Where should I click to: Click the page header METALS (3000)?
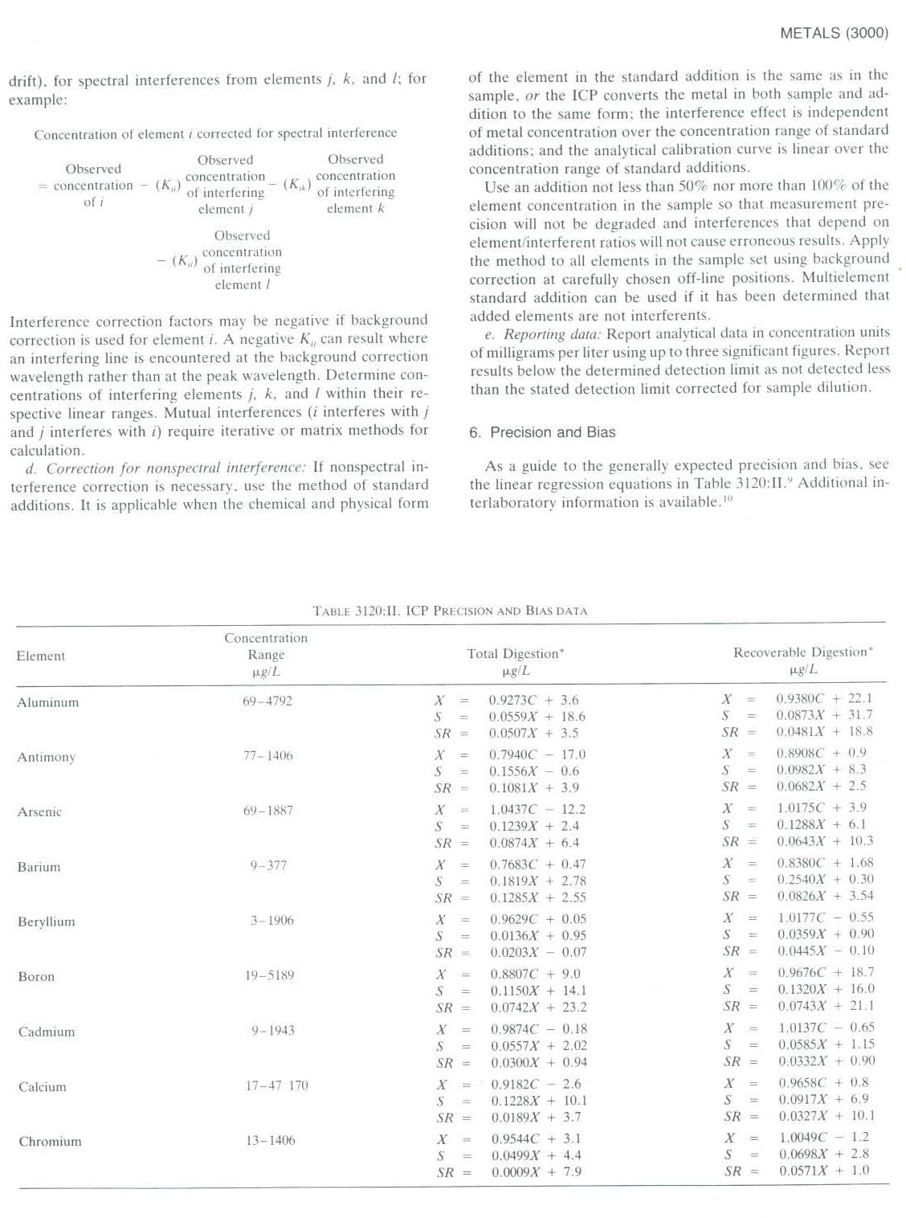(x=834, y=33)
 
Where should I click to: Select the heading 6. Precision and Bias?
(x=542, y=432)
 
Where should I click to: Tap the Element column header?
(x=41, y=656)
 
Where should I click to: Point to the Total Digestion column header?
(x=515, y=654)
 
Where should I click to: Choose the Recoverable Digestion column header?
(x=802, y=652)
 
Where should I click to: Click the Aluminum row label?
(x=48, y=702)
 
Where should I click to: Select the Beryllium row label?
(x=47, y=922)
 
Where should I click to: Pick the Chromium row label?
(x=50, y=1142)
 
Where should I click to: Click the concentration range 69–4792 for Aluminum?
(x=267, y=701)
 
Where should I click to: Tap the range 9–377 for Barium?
(x=268, y=865)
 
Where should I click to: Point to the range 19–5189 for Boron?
(x=269, y=975)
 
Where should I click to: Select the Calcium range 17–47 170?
(x=276, y=1085)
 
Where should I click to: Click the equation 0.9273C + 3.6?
(x=533, y=700)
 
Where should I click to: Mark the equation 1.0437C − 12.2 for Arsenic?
(x=537, y=809)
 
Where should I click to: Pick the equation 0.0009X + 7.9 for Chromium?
(x=536, y=1172)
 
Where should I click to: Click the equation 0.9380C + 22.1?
(x=823, y=698)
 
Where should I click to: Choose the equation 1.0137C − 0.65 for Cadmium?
(x=826, y=1028)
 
